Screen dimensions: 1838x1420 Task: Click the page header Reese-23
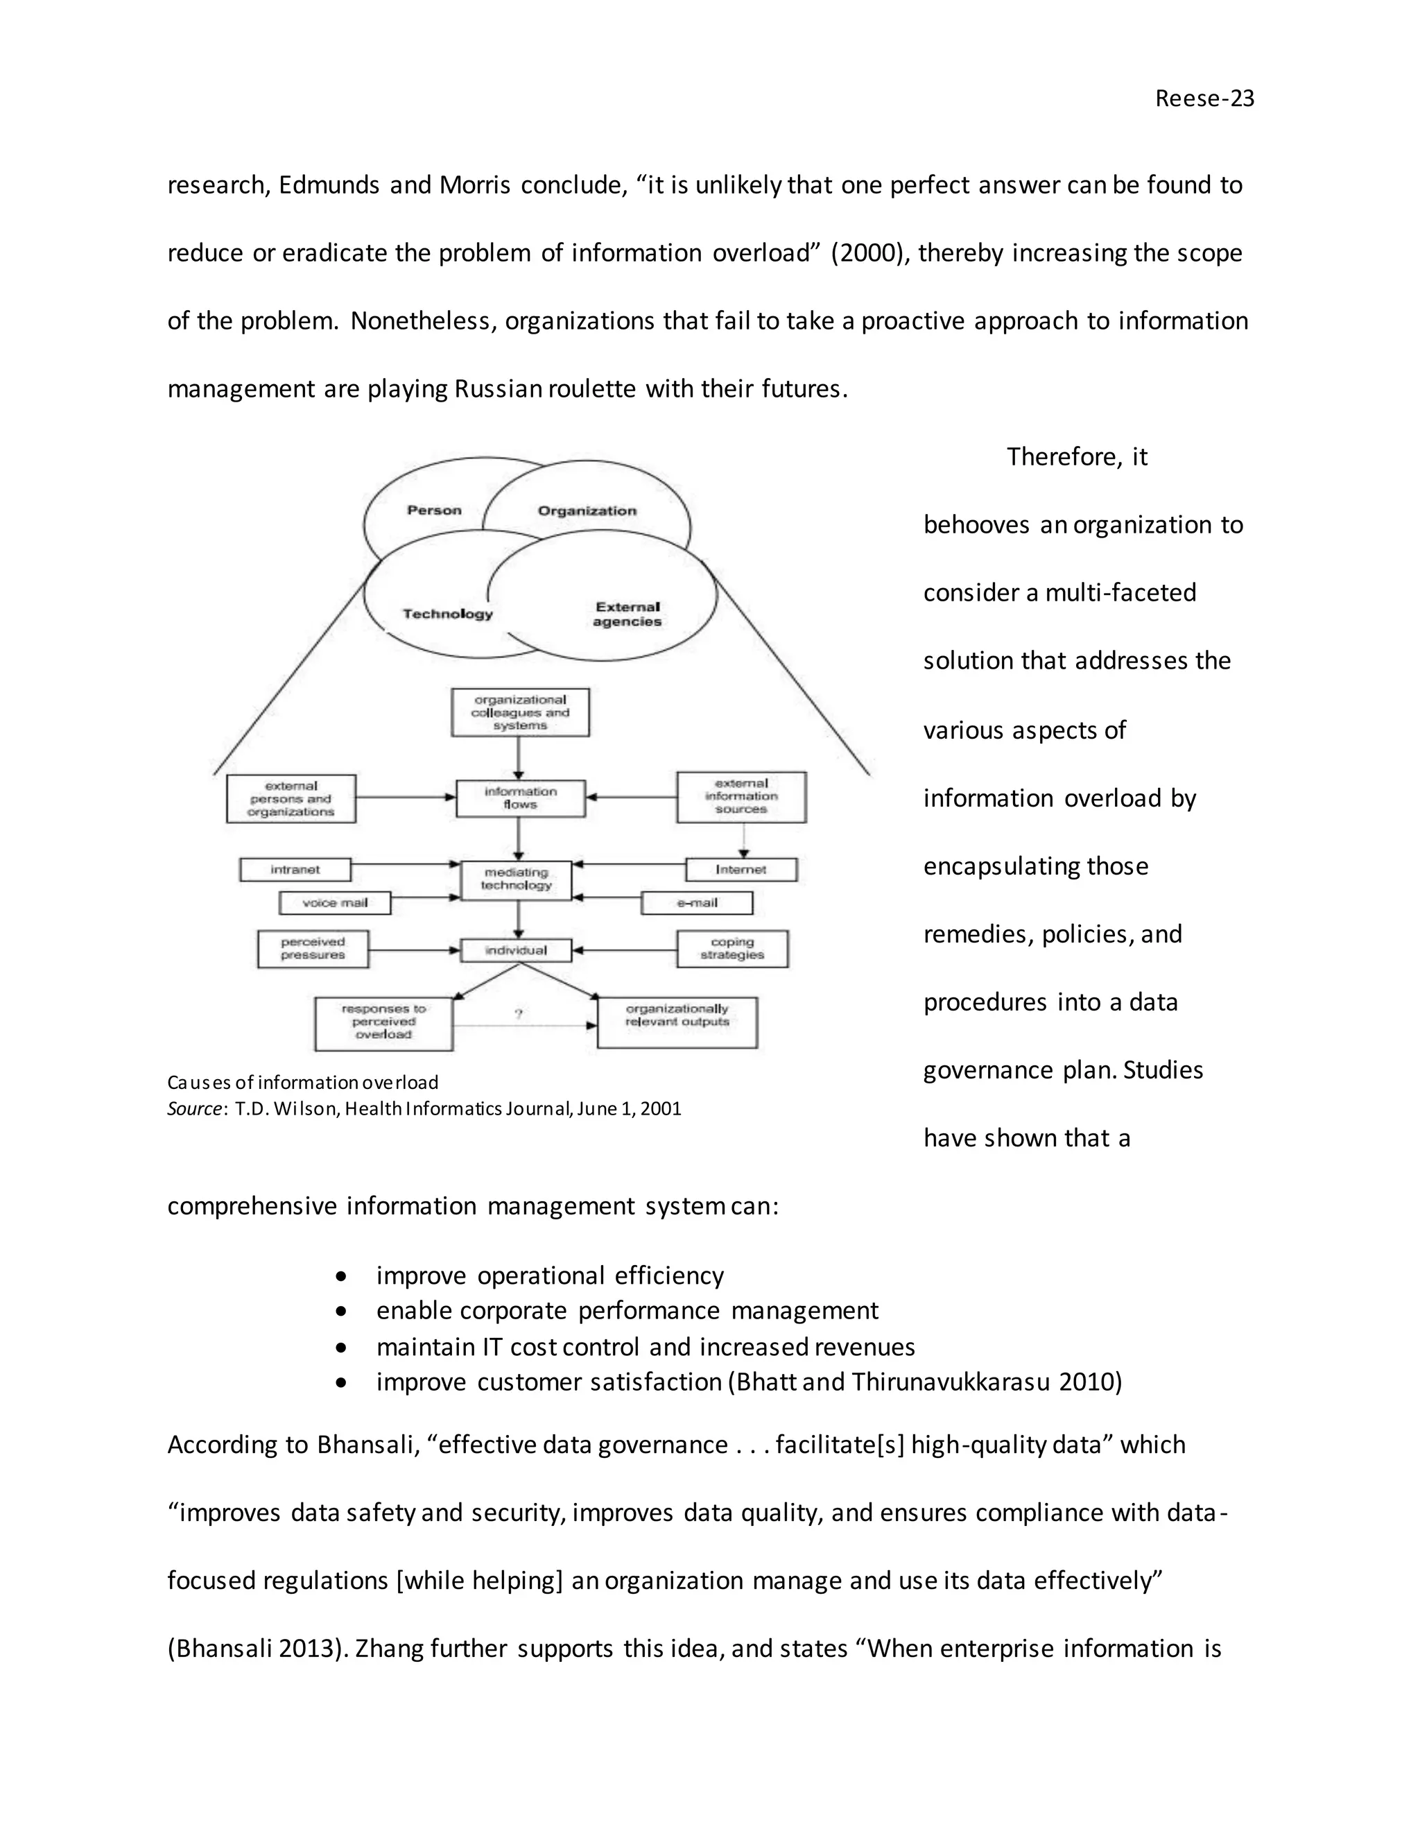1204,98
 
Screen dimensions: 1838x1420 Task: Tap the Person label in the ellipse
434,510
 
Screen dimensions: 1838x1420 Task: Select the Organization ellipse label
587,511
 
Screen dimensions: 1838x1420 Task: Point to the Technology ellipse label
447,614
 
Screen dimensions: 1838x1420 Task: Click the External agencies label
627,615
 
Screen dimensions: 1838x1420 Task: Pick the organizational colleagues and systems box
520,713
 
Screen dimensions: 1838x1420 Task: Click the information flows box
520,798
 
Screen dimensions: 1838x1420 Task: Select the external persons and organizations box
291,798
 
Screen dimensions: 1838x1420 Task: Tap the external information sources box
741,796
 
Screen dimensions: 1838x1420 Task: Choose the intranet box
295,869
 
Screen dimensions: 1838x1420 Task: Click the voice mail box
335,903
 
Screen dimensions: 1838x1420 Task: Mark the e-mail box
697,903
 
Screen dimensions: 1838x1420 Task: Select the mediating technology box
517,879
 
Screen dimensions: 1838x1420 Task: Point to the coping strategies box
732,948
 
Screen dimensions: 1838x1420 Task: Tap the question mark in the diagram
518,1014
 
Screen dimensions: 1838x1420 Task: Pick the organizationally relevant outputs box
677,1022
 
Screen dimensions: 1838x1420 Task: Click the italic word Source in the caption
194,1108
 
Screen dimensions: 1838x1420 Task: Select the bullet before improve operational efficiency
340,1276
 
